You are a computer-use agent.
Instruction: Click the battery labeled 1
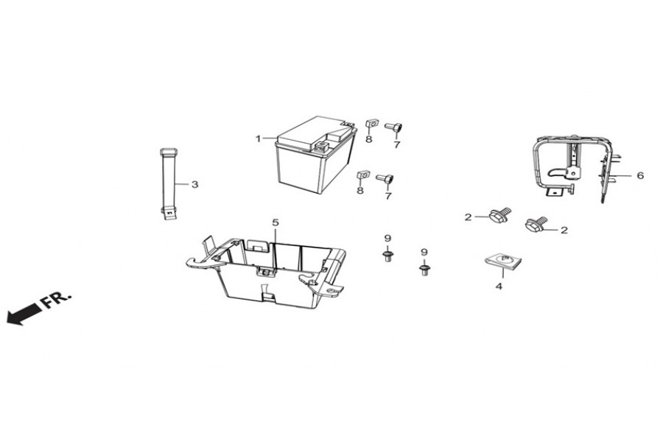click(315, 155)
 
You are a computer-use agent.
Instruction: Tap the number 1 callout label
click(258, 138)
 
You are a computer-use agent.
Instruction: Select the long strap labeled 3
click(168, 183)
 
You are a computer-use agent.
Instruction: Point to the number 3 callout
click(194, 184)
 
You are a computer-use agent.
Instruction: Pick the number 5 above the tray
click(276, 222)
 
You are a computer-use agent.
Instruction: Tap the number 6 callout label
click(640, 175)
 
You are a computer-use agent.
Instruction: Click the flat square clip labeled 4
click(502, 262)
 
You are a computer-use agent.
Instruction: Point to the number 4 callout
click(499, 287)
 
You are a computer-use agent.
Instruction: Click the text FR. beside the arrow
click(55, 299)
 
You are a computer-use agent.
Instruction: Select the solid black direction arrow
click(24, 315)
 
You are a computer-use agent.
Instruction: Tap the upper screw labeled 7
click(393, 127)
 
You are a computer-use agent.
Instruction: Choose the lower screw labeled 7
click(385, 178)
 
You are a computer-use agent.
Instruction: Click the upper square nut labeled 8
click(371, 124)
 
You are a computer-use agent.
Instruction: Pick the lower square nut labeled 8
click(363, 175)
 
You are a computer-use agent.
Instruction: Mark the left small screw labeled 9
click(387, 256)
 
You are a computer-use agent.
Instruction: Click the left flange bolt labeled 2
click(500, 214)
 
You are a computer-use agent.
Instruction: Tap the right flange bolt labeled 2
click(536, 224)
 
